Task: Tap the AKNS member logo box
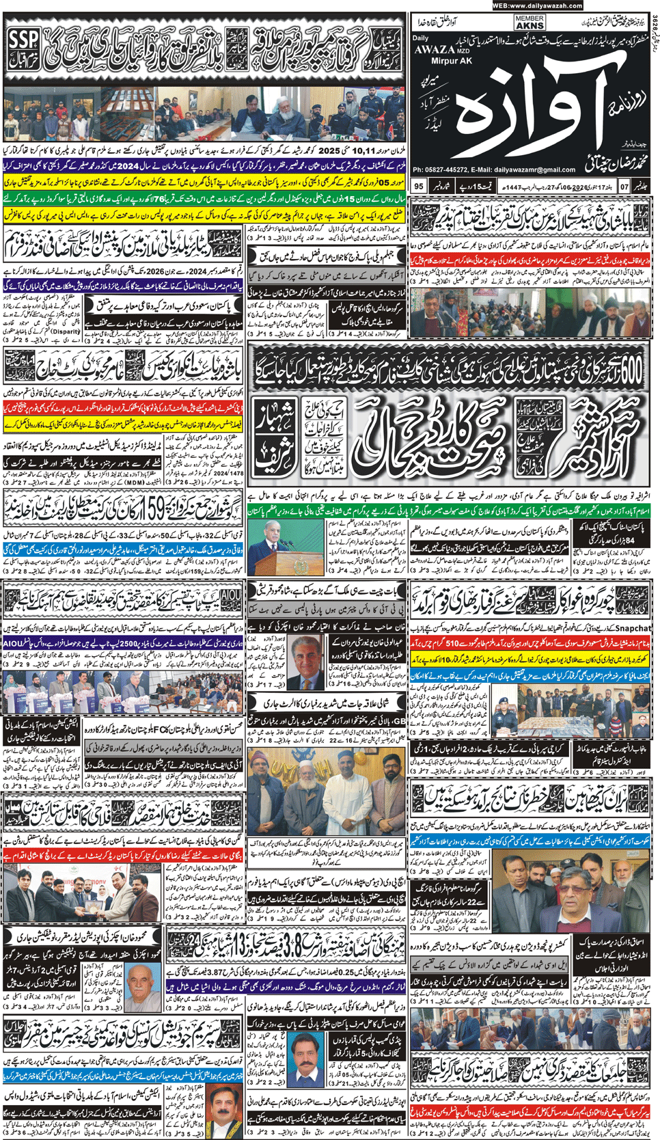[530, 23]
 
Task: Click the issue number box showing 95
[419, 186]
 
